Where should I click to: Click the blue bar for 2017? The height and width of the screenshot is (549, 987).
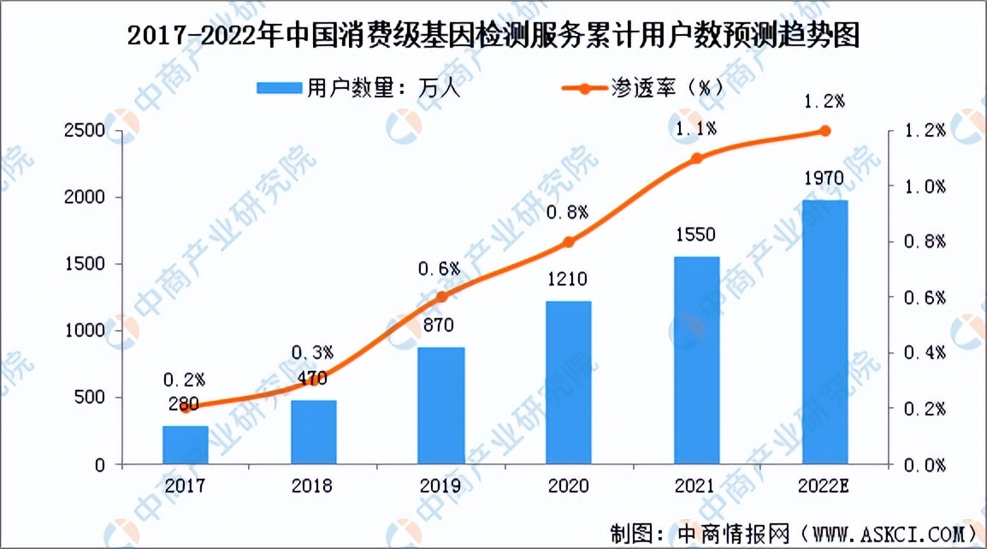[186, 445]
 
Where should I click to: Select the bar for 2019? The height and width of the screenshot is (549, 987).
[441, 406]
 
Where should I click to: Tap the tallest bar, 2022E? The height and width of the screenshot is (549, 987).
[824, 333]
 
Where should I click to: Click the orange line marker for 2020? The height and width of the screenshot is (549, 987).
[570, 242]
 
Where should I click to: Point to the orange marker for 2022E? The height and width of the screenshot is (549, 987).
[824, 131]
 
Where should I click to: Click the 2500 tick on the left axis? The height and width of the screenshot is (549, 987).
[86, 131]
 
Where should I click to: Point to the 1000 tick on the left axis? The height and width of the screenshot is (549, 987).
[86, 331]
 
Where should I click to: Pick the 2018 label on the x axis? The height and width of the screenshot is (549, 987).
[312, 486]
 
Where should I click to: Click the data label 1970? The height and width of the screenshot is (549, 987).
[824, 179]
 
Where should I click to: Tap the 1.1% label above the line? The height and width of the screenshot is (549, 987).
[697, 130]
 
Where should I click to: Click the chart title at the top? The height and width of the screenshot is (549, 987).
[493, 37]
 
